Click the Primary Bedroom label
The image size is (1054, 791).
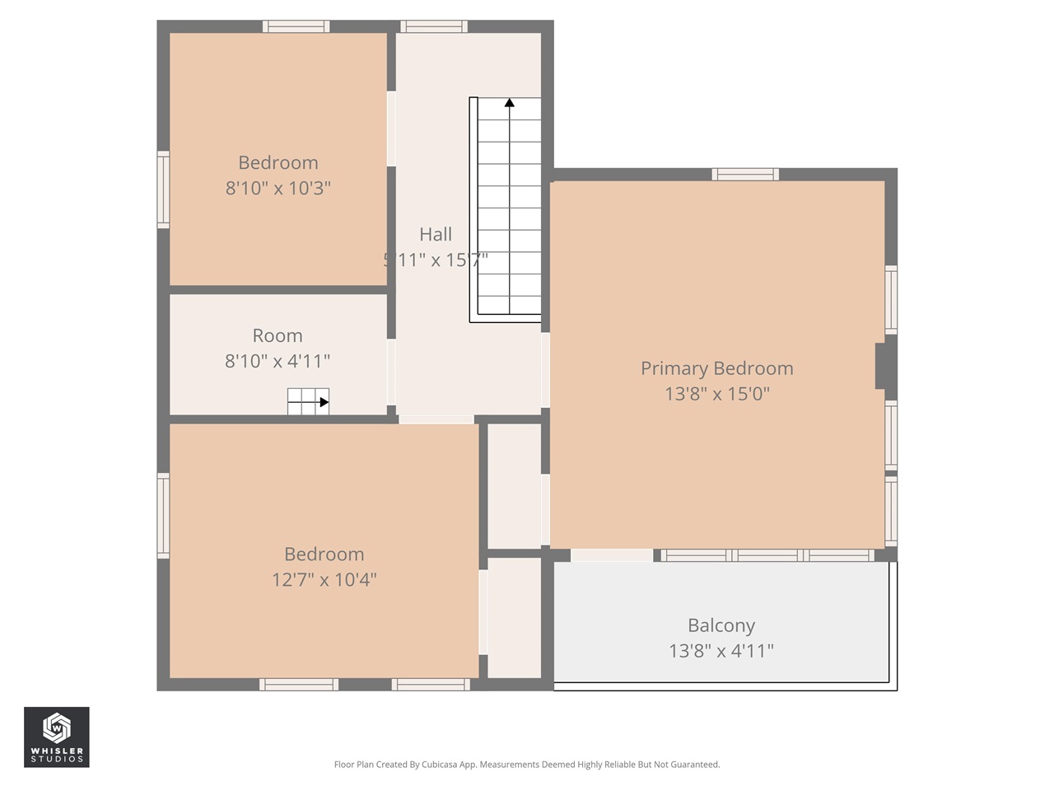pyautogui.click(x=716, y=368)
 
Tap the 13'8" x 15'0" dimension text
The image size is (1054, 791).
pyautogui.click(x=716, y=394)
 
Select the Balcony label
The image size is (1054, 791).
pyautogui.click(x=721, y=625)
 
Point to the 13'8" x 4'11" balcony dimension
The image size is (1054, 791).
pyautogui.click(x=721, y=651)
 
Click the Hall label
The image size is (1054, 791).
pyautogui.click(x=435, y=234)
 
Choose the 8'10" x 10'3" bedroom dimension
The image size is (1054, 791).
pyautogui.click(x=277, y=188)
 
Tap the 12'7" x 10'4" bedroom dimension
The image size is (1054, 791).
pyautogui.click(x=324, y=580)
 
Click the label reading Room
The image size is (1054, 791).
pyautogui.click(x=277, y=335)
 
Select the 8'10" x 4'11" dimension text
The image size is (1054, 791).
pyautogui.click(x=277, y=361)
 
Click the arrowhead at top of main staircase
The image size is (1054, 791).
pyautogui.click(x=510, y=103)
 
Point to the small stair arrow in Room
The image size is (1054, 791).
pyautogui.click(x=324, y=403)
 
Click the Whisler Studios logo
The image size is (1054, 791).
pyautogui.click(x=56, y=737)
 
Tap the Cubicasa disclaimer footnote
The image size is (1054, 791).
pyautogui.click(x=526, y=765)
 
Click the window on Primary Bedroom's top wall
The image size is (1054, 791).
pyautogui.click(x=744, y=174)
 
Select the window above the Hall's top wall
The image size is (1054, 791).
pyautogui.click(x=434, y=26)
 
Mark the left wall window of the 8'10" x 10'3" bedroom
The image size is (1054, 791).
pyautogui.click(x=163, y=190)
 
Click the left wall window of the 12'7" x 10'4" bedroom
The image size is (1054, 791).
pyautogui.click(x=163, y=516)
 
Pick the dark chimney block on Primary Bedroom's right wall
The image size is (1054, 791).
pyautogui.click(x=884, y=365)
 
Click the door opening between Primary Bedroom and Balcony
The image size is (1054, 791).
pyautogui.click(x=611, y=555)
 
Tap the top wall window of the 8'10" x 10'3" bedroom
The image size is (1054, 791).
pyautogui.click(x=296, y=26)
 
